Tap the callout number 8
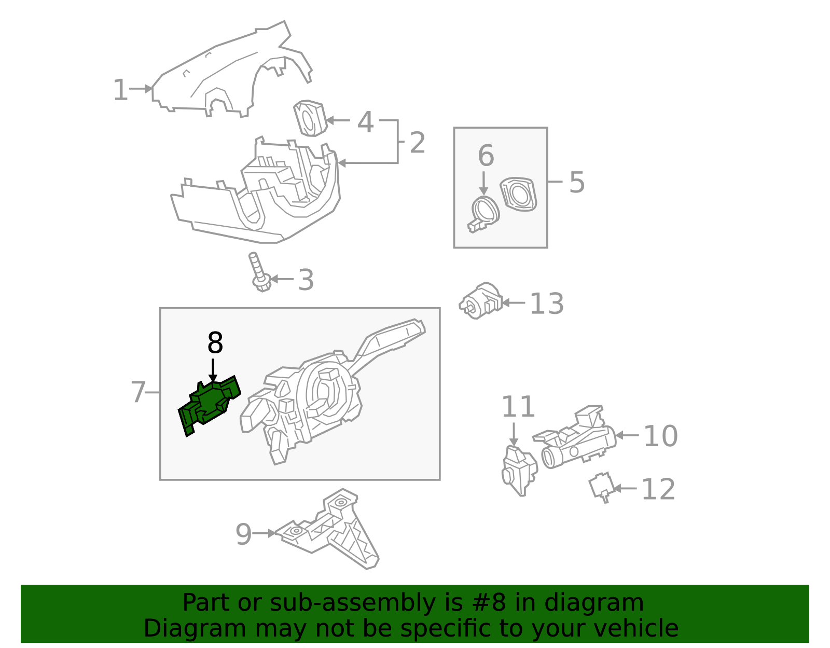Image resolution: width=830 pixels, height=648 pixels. pyautogui.click(x=215, y=343)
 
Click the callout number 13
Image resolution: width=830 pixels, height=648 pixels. pyautogui.click(x=546, y=304)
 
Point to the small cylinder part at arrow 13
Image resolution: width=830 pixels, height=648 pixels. pyautogui.click(x=480, y=301)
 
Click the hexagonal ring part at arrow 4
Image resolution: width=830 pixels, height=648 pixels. pyautogui.click(x=310, y=118)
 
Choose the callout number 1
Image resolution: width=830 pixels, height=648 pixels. pyautogui.click(x=120, y=90)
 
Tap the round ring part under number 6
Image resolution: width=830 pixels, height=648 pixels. pyautogui.click(x=485, y=212)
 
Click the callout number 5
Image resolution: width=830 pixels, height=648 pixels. pyautogui.click(x=577, y=182)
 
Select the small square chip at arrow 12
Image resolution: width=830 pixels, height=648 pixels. pyautogui.click(x=601, y=487)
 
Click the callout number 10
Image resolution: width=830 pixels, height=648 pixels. pyautogui.click(x=660, y=436)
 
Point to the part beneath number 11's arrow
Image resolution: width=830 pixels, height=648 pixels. pyautogui.click(x=519, y=469)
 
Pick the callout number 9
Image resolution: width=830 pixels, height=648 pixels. pyautogui.click(x=243, y=534)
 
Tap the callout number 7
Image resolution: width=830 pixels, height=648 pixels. pyautogui.click(x=138, y=392)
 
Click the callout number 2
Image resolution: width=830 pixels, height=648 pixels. pyautogui.click(x=417, y=143)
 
